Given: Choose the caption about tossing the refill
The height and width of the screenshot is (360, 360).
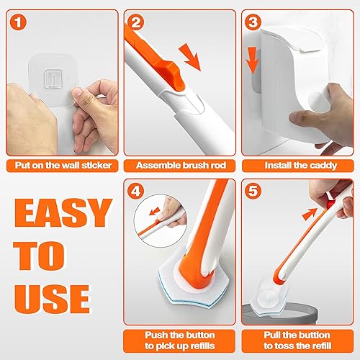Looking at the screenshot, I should (x=299, y=338).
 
